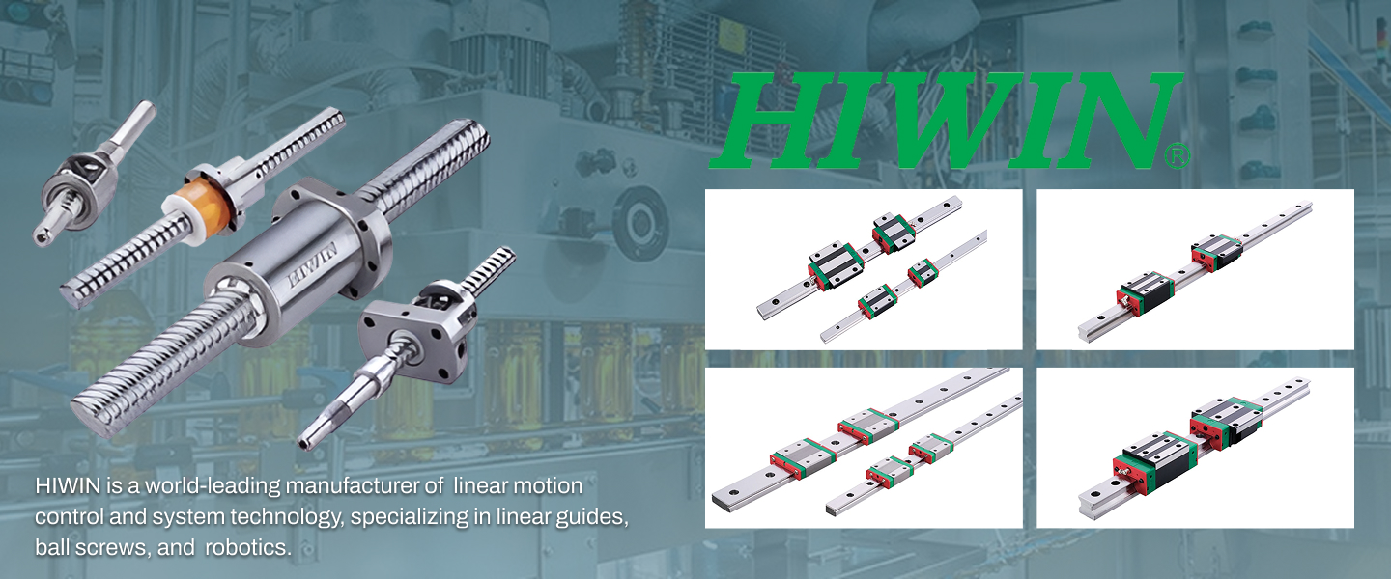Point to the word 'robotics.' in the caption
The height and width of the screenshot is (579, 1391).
click(x=248, y=547)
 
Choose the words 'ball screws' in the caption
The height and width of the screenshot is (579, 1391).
click(x=93, y=547)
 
